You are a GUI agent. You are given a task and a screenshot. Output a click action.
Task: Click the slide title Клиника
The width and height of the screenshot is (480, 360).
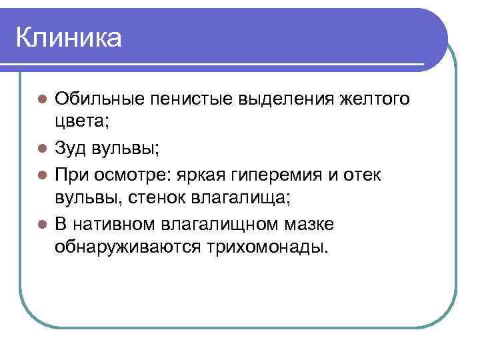69,38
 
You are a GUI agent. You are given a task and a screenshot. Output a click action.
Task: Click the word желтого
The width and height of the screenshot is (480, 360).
375,99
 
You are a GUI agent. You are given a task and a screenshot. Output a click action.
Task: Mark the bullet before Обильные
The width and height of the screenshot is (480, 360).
41,99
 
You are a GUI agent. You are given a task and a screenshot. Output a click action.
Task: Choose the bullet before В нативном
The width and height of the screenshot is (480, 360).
41,223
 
